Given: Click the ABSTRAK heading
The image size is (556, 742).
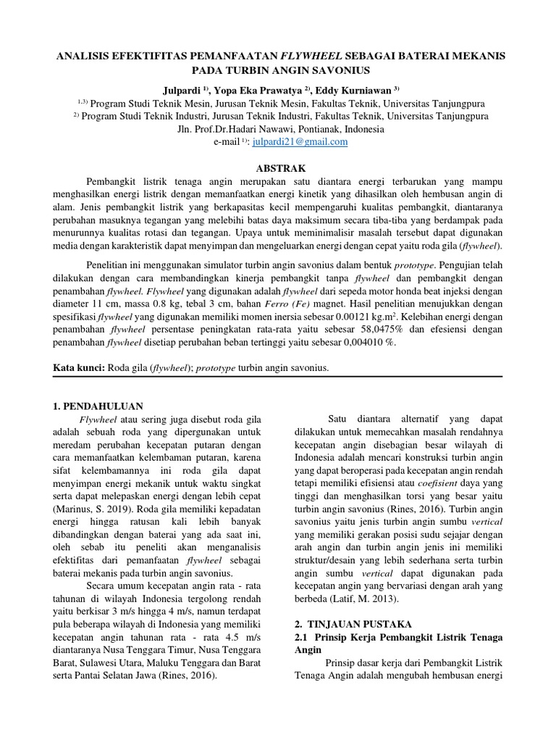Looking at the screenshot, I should [x=278, y=167].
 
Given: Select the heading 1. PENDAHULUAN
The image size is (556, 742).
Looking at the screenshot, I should [x=99, y=406].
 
